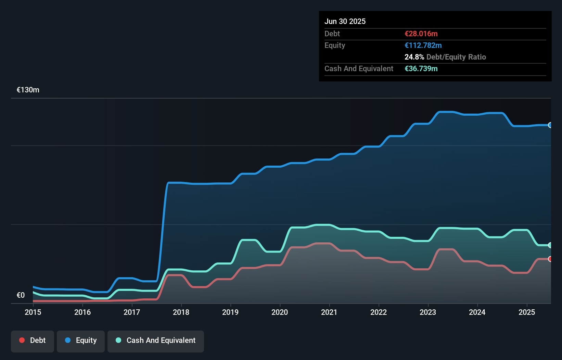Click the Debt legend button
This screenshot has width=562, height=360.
pos(33,341)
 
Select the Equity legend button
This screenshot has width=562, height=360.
pos(81,341)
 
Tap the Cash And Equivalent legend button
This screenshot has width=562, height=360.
pos(156,341)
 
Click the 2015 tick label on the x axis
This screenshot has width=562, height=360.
pos(33,312)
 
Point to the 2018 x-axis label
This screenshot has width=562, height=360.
pos(181,312)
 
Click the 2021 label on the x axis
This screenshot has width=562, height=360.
pos(329,312)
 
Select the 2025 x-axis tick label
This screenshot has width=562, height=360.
pos(526,312)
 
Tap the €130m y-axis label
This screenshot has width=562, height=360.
pos(28,90)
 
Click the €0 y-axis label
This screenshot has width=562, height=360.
pos(21,295)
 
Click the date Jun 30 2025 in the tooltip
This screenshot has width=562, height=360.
pos(345,21)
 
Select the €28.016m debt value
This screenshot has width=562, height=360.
pos(421,34)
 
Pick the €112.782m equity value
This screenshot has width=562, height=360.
pos(423,45)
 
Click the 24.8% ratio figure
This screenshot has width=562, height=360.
pos(414,57)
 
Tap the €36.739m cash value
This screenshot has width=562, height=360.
pos(421,68)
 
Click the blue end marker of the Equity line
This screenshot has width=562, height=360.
pos(550,125)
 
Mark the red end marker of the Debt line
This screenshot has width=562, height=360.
pos(550,259)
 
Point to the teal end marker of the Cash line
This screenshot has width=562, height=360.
pos(550,245)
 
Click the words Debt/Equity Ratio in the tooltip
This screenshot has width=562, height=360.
pos(456,57)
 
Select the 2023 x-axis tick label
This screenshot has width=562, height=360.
pos(428,312)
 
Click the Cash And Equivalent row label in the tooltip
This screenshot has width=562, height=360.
pos(359,68)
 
